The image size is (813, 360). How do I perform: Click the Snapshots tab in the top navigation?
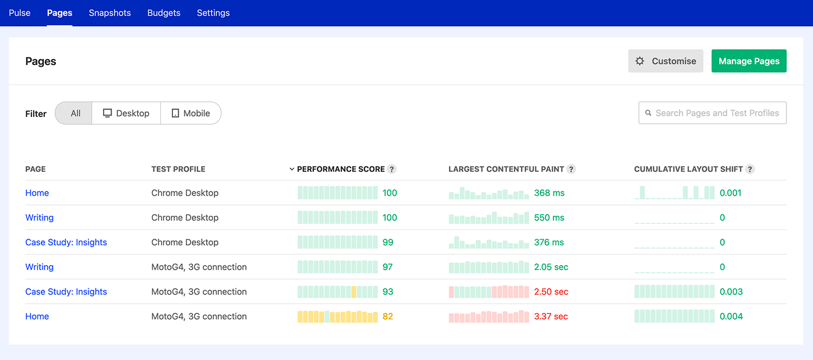click(x=109, y=13)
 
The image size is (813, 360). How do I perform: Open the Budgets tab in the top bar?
click(x=164, y=13)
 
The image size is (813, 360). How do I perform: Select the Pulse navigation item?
click(x=20, y=13)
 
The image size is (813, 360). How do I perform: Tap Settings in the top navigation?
click(x=213, y=13)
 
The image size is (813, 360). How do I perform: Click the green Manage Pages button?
click(x=749, y=61)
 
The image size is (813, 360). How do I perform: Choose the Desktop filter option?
click(x=126, y=113)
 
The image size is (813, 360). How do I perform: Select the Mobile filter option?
click(x=191, y=113)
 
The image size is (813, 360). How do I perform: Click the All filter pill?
click(x=75, y=113)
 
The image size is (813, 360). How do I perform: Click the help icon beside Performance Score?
click(x=392, y=169)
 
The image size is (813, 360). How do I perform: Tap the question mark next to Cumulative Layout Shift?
click(x=750, y=169)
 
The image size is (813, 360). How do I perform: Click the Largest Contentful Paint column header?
click(x=506, y=169)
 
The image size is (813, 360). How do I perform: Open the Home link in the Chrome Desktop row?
click(x=37, y=193)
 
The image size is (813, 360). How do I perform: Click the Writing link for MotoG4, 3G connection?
click(x=40, y=267)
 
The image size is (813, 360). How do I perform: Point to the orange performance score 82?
click(x=388, y=317)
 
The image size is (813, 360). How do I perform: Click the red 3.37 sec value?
click(x=551, y=317)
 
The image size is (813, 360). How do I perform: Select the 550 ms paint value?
click(x=549, y=218)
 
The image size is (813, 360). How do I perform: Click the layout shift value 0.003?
click(x=731, y=292)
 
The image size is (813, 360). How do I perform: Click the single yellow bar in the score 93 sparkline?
click(x=354, y=292)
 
